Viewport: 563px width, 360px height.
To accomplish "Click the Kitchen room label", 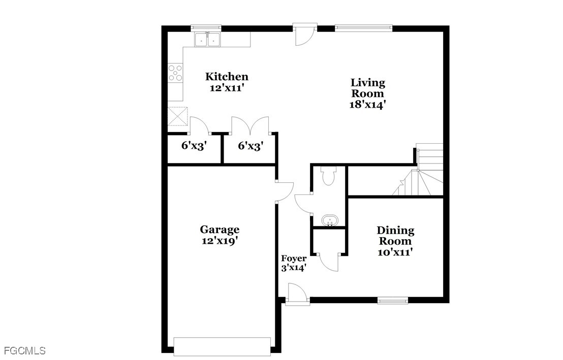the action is (227, 77).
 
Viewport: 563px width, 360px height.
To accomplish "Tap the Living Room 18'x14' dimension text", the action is (368, 105).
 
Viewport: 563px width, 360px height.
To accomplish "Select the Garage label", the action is (220, 230).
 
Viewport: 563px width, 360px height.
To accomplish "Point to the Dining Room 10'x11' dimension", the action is (395, 252).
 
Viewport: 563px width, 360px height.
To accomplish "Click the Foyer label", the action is (294, 258).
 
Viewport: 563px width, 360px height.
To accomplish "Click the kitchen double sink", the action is (207, 39).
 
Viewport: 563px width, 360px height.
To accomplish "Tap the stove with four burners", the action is (176, 73).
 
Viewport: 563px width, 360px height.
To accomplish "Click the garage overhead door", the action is (222, 347).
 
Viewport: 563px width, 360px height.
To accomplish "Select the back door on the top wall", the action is (304, 34).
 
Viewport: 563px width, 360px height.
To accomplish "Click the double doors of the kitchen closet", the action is (251, 125).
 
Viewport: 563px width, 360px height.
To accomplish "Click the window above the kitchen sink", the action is (206, 27).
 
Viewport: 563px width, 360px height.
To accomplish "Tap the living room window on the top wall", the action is (364, 27).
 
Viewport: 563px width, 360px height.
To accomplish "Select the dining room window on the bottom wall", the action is (392, 301).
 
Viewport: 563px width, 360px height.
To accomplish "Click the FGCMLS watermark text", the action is (25, 351).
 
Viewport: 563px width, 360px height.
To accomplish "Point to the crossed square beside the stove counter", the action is (178, 116).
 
